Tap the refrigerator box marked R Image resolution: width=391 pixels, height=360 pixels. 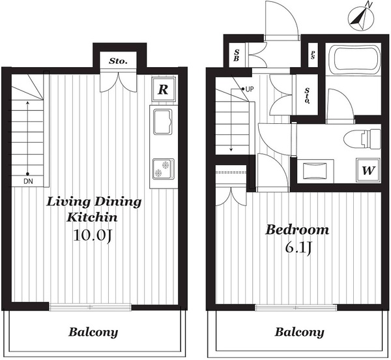164,89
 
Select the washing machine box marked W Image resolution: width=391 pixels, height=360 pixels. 368,170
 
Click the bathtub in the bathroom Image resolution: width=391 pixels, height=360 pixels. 355,58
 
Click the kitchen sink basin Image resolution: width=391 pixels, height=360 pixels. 163,121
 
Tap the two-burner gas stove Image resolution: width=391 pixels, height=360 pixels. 163,169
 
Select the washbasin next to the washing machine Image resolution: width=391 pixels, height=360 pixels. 315,170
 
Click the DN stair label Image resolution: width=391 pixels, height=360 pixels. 28,181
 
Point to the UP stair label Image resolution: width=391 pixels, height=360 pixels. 250,89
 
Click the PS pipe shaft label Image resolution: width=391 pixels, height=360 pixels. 313,55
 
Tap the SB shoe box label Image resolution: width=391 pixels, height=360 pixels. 237,55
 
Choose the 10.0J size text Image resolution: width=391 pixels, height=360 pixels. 92,235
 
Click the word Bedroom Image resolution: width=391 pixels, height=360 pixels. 297,230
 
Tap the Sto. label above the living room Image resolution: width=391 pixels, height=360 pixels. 118,61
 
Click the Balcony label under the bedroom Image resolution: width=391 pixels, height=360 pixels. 299,333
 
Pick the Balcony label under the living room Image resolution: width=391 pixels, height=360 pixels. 93,333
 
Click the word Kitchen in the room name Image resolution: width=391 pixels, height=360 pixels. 92,217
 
